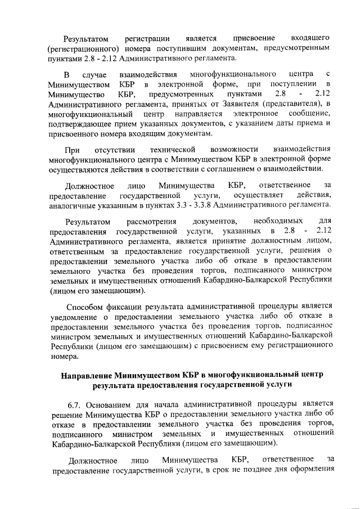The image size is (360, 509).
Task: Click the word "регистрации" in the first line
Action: click(x=147, y=38)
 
